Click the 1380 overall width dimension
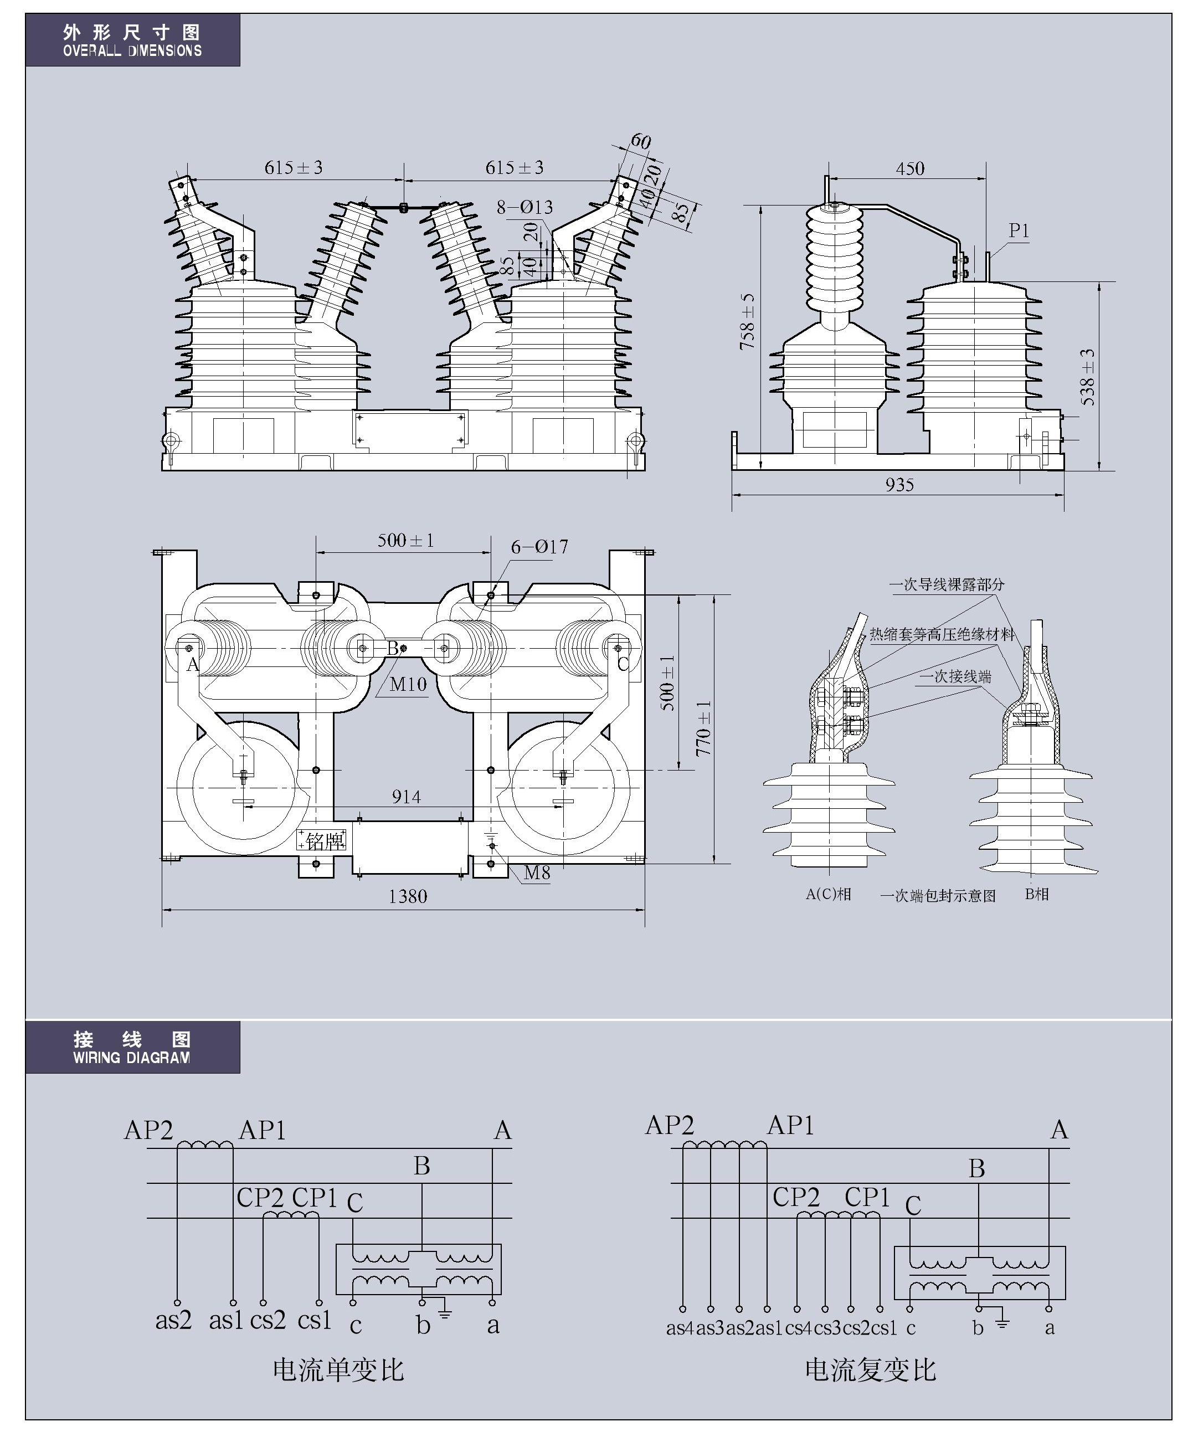pos(408,896)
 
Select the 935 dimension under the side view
pos(899,485)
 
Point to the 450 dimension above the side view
pos(910,168)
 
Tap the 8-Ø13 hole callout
pos(524,207)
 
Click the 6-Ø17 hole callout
pos(539,547)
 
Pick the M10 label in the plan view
pos(408,684)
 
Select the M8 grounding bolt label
pos(537,873)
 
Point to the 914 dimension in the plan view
pos(407,797)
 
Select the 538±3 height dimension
pos(1088,377)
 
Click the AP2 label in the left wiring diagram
pos(148,1130)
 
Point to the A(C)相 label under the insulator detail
pos(827,894)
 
